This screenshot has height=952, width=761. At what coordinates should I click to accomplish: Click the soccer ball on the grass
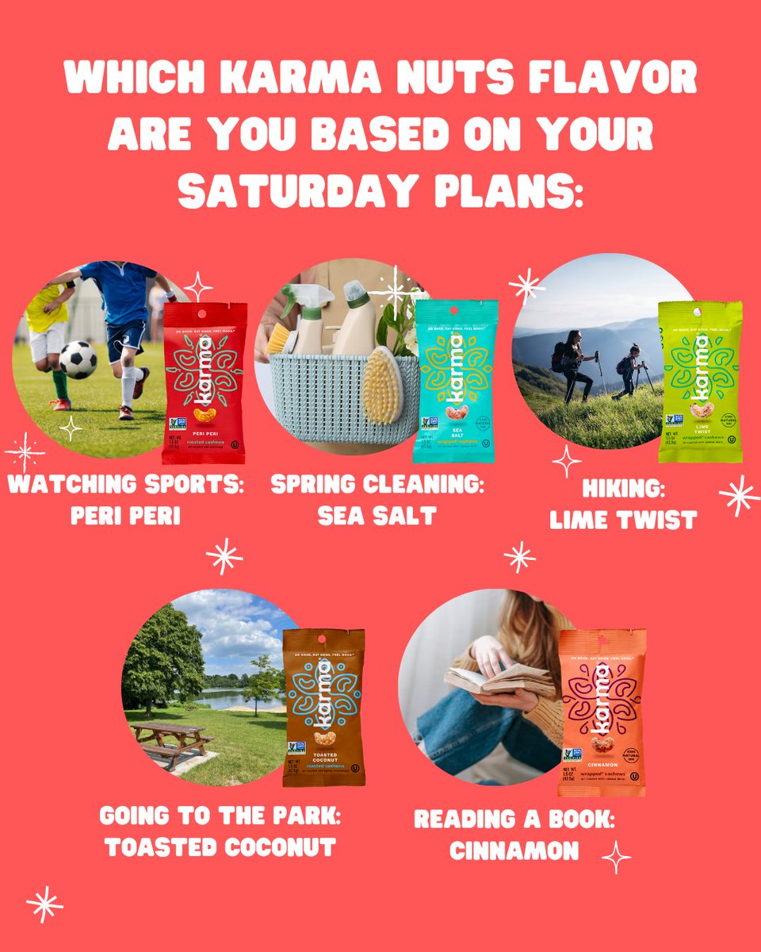coord(78,359)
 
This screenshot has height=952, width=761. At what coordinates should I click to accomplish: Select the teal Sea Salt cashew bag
coord(456,380)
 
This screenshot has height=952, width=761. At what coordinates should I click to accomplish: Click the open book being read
coord(499,678)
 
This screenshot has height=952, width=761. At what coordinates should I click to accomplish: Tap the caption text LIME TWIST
coord(622,520)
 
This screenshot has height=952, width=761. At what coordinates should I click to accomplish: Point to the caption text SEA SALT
coord(377,516)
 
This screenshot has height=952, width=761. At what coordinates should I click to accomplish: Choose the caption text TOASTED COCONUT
coord(220,847)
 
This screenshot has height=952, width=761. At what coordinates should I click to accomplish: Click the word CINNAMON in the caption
coord(514,850)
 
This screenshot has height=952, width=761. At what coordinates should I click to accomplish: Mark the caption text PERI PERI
coord(125,516)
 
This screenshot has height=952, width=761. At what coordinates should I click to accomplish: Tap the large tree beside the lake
coord(163,654)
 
